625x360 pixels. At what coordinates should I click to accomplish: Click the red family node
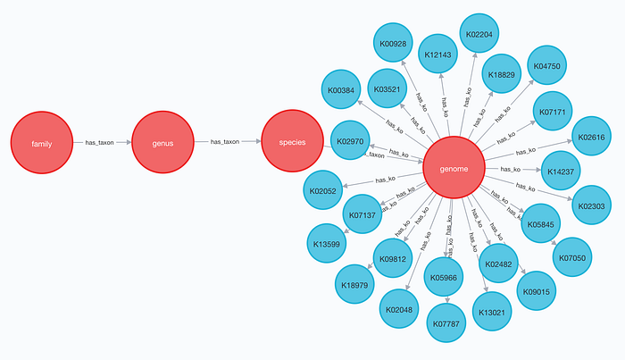[42, 143]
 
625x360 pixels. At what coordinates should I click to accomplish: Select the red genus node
[162, 142]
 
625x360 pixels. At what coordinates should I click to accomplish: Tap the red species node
[292, 141]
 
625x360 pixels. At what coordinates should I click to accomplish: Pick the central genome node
[454, 167]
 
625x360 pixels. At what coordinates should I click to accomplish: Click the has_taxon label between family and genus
[99, 142]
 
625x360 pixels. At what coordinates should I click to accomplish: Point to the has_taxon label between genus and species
[225, 141]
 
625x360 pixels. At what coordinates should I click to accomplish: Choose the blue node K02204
[479, 33]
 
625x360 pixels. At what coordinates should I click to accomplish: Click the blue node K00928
[393, 43]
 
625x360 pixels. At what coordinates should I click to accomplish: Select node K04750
[546, 65]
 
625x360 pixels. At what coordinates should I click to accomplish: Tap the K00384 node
[341, 89]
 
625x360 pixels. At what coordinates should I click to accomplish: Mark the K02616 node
[591, 137]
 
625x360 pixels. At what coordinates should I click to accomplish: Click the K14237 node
[561, 171]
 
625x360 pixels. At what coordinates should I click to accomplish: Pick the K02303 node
[591, 205]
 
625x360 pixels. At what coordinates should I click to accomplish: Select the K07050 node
[572, 257]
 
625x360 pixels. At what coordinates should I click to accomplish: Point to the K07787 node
[446, 322]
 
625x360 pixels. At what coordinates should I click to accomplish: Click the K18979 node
[354, 284]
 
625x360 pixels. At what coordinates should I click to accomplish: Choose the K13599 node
[327, 244]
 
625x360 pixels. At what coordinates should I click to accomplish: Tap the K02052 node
[323, 190]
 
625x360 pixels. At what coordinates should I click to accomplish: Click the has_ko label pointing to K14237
[510, 169]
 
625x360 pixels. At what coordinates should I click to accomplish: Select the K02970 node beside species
[350, 140]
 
